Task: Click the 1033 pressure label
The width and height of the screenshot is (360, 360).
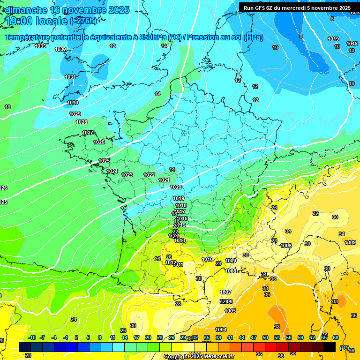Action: click(40, 46)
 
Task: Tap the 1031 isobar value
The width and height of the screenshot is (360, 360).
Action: click(70, 77)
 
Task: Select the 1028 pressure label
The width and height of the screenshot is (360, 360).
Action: click(82, 122)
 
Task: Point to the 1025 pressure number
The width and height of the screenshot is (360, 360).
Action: click(104, 161)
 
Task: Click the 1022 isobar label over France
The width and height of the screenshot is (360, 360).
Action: click(149, 175)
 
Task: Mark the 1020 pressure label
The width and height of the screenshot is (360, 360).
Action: click(176, 187)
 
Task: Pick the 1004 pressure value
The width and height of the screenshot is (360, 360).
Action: click(221, 330)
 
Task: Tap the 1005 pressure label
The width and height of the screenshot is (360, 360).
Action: click(230, 311)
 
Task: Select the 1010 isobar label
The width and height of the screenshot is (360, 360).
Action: click(207, 259)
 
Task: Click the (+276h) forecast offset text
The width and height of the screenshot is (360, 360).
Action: click(83, 21)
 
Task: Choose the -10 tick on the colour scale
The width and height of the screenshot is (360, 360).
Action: click(32, 337)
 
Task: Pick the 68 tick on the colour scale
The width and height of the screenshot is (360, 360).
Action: click(336, 337)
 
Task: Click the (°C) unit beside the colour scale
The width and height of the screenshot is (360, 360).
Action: click(345, 347)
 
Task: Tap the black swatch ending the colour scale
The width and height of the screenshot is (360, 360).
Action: click(330, 347)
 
